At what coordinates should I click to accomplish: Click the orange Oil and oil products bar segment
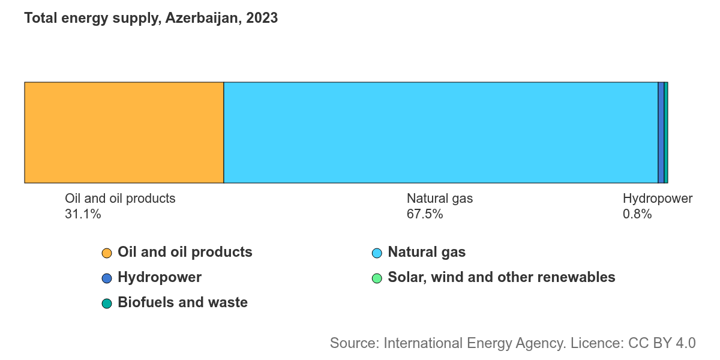tap(124, 133)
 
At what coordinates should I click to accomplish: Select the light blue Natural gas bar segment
tap(440, 133)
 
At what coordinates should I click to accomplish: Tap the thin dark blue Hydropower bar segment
tap(661, 133)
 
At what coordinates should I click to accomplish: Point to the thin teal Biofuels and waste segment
tap(666, 133)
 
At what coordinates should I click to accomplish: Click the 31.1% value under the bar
tap(83, 214)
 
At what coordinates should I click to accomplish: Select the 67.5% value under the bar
tap(425, 214)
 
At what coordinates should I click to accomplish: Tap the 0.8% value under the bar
tap(637, 214)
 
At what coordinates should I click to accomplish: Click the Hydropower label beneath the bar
tap(658, 199)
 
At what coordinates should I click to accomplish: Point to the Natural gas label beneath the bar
tap(440, 199)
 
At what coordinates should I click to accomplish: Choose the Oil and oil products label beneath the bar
tap(120, 199)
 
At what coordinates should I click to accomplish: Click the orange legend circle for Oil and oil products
tap(107, 253)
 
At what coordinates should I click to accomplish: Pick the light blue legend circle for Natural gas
tap(377, 253)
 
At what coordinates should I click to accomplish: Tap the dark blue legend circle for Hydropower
tap(107, 278)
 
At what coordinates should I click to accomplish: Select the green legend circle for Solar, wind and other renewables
tap(377, 278)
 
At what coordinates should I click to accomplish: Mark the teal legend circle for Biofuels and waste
tap(107, 304)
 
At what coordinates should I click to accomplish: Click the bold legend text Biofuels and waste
tap(182, 302)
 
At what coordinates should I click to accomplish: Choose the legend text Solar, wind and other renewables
tap(502, 277)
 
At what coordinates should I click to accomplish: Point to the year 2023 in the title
tap(262, 17)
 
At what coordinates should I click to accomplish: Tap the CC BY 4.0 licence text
tap(662, 343)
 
